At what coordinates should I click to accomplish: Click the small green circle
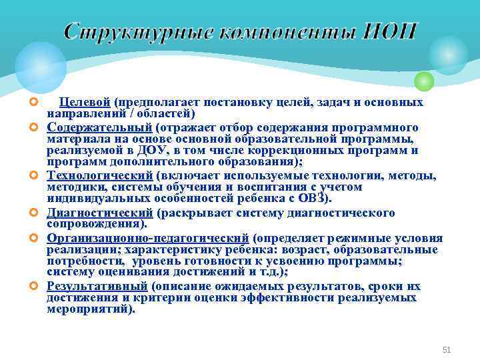[424, 81]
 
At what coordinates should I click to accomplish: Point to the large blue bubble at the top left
[41, 67]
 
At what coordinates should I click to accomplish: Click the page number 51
[447, 349]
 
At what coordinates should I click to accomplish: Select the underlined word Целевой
[85, 103]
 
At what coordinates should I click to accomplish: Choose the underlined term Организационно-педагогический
[148, 238]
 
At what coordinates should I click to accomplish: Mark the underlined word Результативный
[97, 287]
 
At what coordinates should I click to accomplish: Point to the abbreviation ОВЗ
[315, 199]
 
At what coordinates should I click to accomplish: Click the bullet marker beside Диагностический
[33, 213]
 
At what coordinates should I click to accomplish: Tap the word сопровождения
[95, 225]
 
